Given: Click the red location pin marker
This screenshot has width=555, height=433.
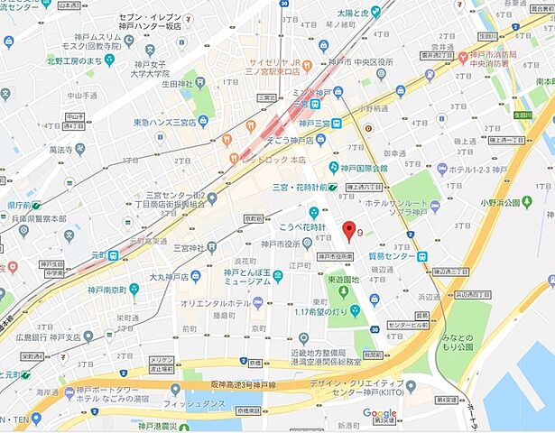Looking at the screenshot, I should point(350,231).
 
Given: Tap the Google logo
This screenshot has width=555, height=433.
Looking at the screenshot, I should point(379,414).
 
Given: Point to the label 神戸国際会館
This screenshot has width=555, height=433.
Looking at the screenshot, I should point(364,169).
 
